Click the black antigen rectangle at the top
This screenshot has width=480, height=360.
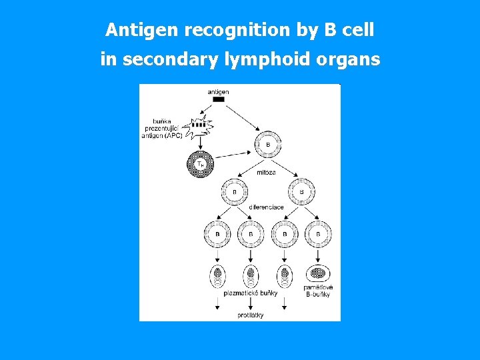[x=218, y=99]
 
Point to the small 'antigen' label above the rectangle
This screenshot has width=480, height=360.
[x=218, y=91]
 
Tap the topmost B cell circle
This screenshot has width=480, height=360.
[x=268, y=144]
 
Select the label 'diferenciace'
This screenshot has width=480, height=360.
[x=266, y=207]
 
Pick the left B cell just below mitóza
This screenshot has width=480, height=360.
[x=234, y=192]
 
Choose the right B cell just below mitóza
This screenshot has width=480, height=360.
[x=301, y=192]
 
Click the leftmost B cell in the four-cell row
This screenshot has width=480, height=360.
[x=217, y=234]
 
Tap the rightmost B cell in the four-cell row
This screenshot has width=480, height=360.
[x=318, y=234]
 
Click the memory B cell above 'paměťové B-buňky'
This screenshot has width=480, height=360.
[x=318, y=273]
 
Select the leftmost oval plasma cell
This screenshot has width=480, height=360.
[x=217, y=277]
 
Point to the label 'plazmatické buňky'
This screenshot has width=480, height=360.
[x=250, y=293]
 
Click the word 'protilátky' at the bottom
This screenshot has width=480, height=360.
[x=250, y=315]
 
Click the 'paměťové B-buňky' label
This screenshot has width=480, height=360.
[x=319, y=290]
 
